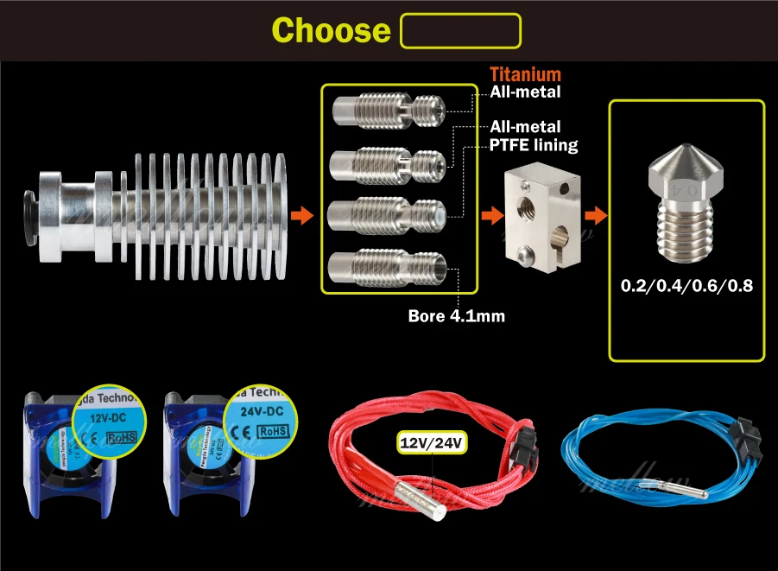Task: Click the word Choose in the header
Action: point(331,30)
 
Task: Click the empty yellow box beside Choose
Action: point(461,30)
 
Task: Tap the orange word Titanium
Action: point(525,75)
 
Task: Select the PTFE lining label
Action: point(534,144)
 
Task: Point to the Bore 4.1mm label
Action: point(456,316)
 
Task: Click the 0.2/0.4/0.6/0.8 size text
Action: point(687,285)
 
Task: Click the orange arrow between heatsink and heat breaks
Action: point(301,215)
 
